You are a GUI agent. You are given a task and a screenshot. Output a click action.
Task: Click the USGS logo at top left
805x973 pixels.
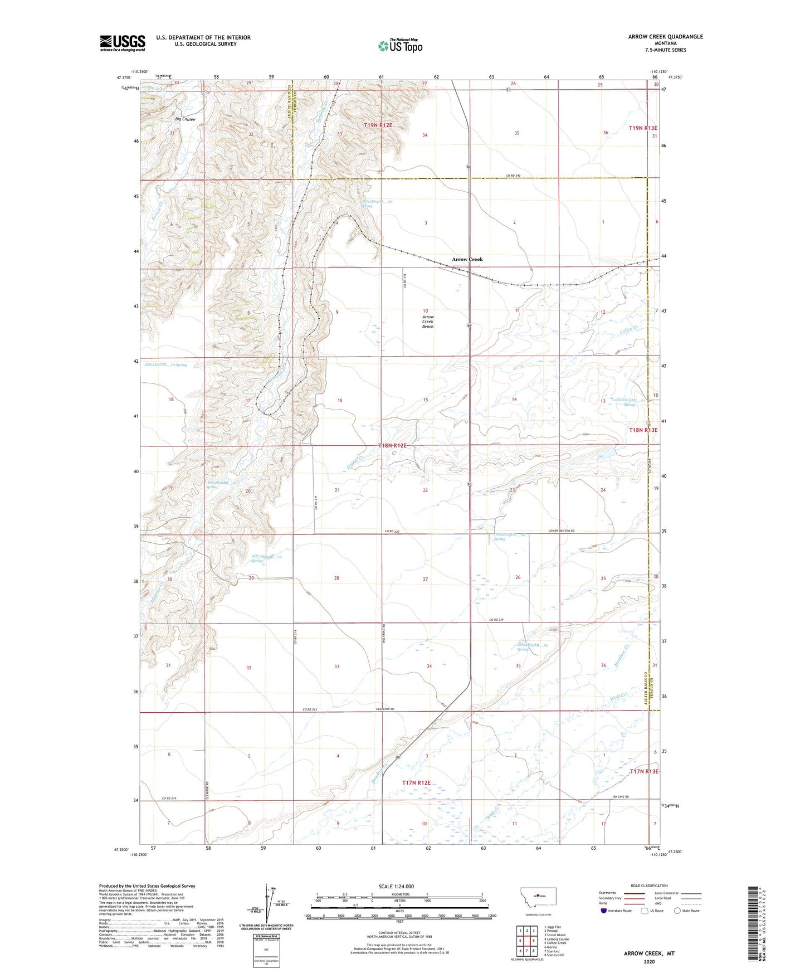[x=122, y=43]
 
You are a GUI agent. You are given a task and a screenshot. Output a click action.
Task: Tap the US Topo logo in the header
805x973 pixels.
[x=400, y=46]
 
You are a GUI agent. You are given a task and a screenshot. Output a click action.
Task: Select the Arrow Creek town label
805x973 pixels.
[x=467, y=259]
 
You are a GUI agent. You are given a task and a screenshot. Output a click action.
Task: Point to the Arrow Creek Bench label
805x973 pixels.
[x=427, y=322]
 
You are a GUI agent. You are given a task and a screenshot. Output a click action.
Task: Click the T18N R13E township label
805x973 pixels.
[x=643, y=430]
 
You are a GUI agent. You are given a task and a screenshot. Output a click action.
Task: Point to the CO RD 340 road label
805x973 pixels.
[x=513, y=176]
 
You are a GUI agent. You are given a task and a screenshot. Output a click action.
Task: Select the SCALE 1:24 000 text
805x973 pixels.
[x=396, y=886]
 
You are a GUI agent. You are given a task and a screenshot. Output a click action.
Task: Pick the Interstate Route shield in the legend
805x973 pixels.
[x=605, y=911]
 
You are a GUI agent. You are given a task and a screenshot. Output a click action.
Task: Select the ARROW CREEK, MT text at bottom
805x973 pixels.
[x=649, y=953]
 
